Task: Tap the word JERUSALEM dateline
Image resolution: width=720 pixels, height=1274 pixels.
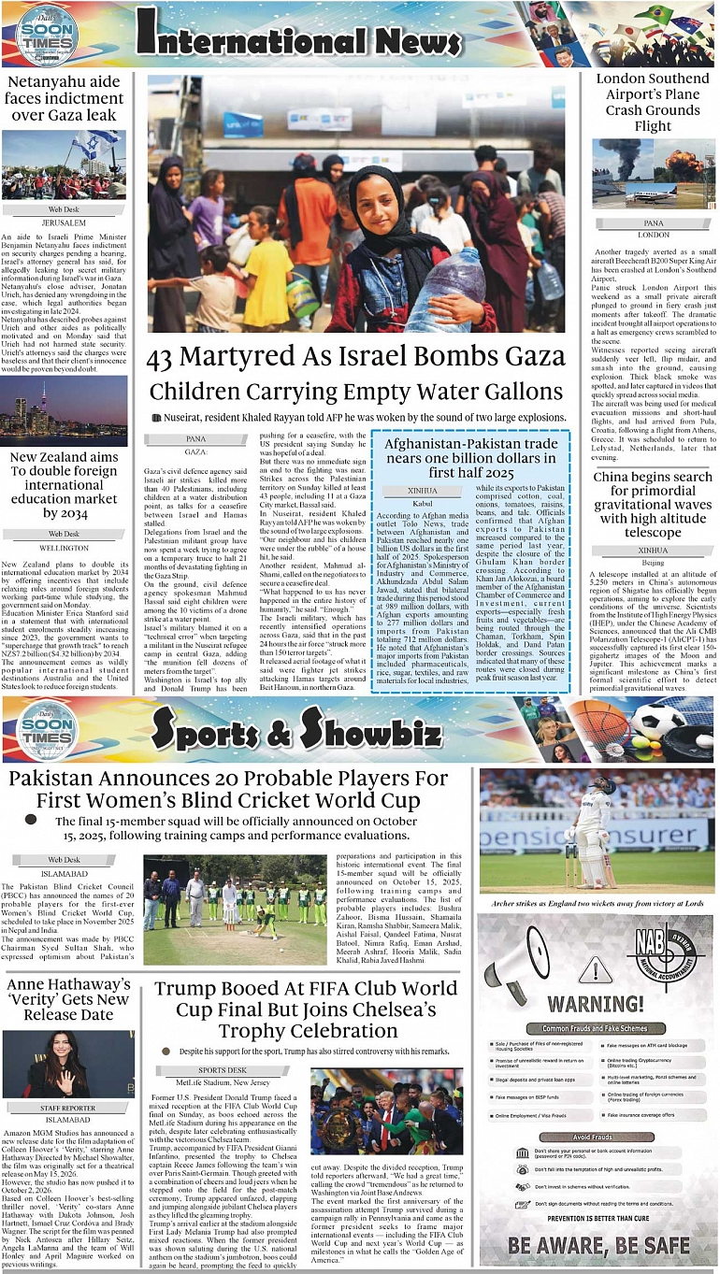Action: pos(64,223)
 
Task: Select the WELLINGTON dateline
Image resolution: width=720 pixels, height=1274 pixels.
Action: pos(64,548)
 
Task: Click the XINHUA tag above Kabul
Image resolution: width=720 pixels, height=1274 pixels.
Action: pos(422,489)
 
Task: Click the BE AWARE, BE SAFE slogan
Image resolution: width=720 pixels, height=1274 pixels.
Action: pos(599,1245)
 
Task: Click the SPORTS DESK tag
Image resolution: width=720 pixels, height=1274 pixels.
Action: pos(222,1070)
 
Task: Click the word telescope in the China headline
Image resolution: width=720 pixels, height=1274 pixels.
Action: pos(653,532)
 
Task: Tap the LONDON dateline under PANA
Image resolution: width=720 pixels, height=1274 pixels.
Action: pos(654,234)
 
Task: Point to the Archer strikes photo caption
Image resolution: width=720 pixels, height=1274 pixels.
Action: pos(597,903)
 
